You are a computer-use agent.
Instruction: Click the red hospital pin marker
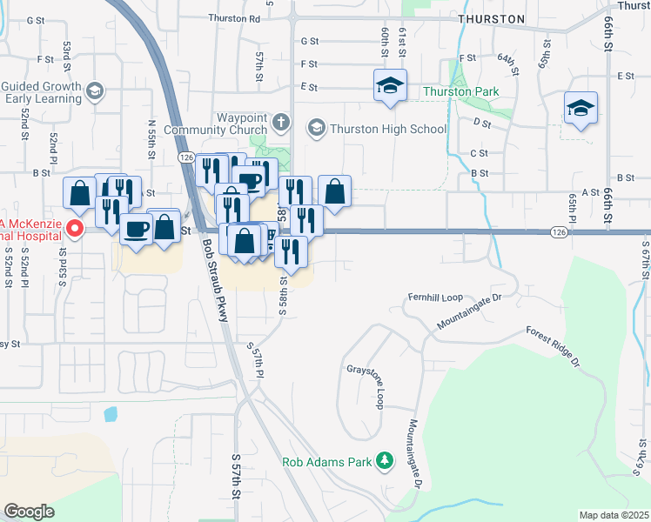coord(75,230)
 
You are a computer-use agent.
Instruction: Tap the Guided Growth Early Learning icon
coord(95,90)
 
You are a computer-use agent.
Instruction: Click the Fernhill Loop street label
coord(435,298)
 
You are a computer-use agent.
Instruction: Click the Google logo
coord(29,512)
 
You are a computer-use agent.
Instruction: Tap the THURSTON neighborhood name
coord(493,18)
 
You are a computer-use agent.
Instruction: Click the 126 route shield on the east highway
coord(559,232)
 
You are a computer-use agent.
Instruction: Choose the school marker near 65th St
coord(581,108)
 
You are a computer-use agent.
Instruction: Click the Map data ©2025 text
coord(614,515)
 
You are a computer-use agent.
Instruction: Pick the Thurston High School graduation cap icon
coord(315,129)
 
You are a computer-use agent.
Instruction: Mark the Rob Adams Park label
coord(326,461)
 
